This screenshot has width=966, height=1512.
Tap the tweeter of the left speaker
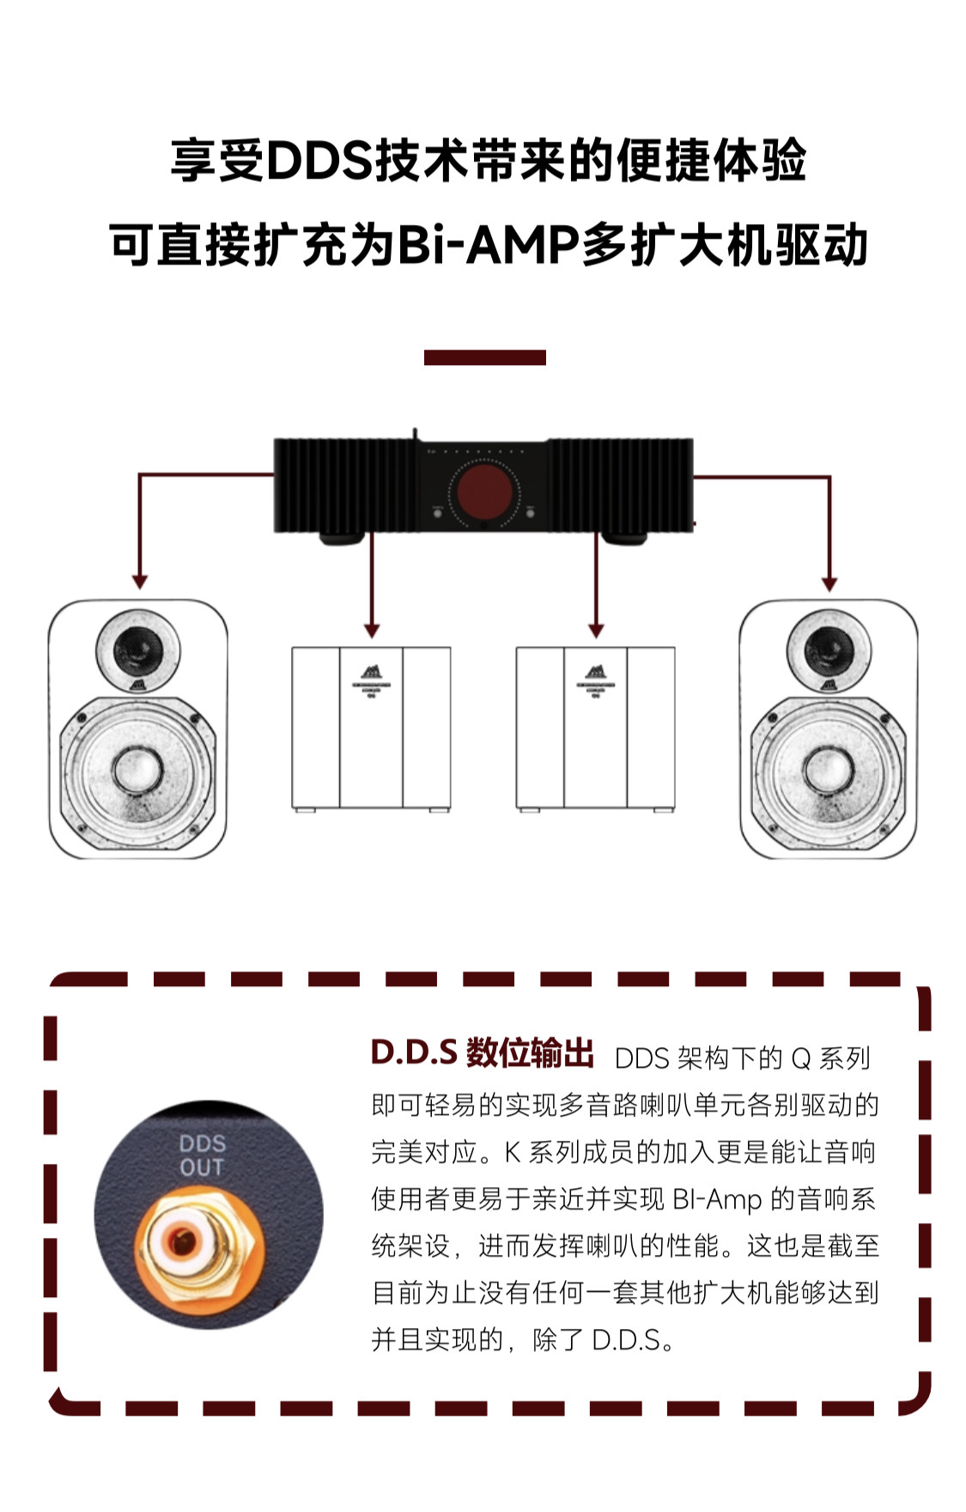pos(137,647)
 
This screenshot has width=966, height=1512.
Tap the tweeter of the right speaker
pos(829,647)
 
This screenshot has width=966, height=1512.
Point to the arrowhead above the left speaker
pos(140,582)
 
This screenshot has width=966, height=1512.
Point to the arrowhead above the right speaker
pos(829,583)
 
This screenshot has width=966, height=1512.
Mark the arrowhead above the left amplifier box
pos(372,631)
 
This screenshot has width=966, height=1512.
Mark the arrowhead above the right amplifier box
pos(596,631)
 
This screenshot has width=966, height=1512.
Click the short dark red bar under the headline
pos(484,357)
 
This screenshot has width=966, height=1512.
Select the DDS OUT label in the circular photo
pos(202,1155)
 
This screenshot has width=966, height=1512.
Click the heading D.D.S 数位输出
pos(482,1053)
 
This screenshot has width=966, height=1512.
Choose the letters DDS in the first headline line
pos(319,161)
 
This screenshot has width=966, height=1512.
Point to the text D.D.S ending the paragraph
pos(627,1339)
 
